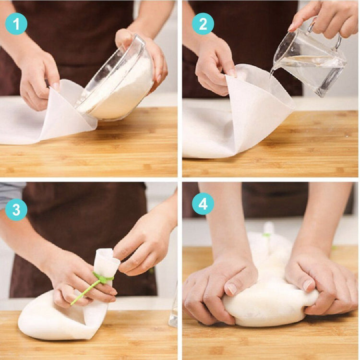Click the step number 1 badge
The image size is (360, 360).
pyautogui.click(x=16, y=24)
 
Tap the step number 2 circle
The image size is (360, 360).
pyautogui.click(x=203, y=24)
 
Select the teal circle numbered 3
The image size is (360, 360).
pyautogui.click(x=16, y=210)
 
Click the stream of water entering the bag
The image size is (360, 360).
pyautogui.click(x=273, y=73)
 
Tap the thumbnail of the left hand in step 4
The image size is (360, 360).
pyautogui.click(x=232, y=289)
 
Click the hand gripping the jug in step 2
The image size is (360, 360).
pyautogui.click(x=326, y=18)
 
